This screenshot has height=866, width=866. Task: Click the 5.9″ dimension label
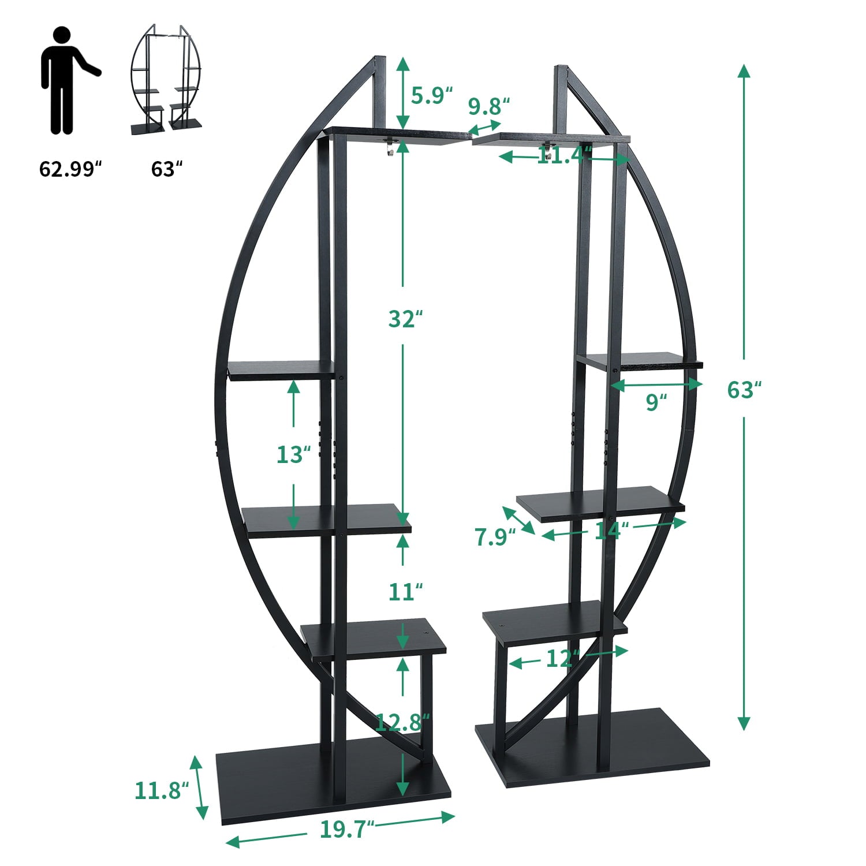(431, 95)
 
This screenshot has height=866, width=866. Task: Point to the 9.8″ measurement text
(489, 106)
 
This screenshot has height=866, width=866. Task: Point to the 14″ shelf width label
(611, 531)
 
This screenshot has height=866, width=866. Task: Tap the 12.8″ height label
(402, 722)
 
